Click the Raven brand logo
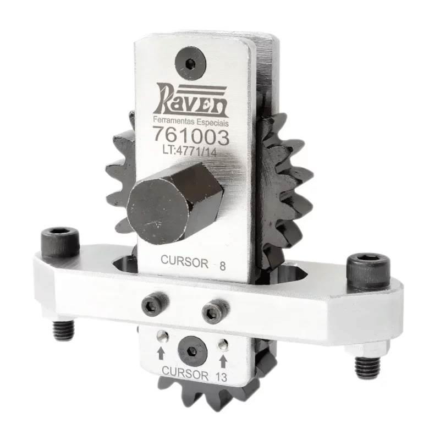[x=192, y=100]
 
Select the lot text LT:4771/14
[x=190, y=150]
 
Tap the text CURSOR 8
[x=193, y=263]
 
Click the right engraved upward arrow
[x=223, y=361]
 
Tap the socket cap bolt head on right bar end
[x=369, y=268]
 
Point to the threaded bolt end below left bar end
[x=63, y=330]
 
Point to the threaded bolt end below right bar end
[x=366, y=365]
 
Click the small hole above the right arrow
[x=223, y=344]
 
